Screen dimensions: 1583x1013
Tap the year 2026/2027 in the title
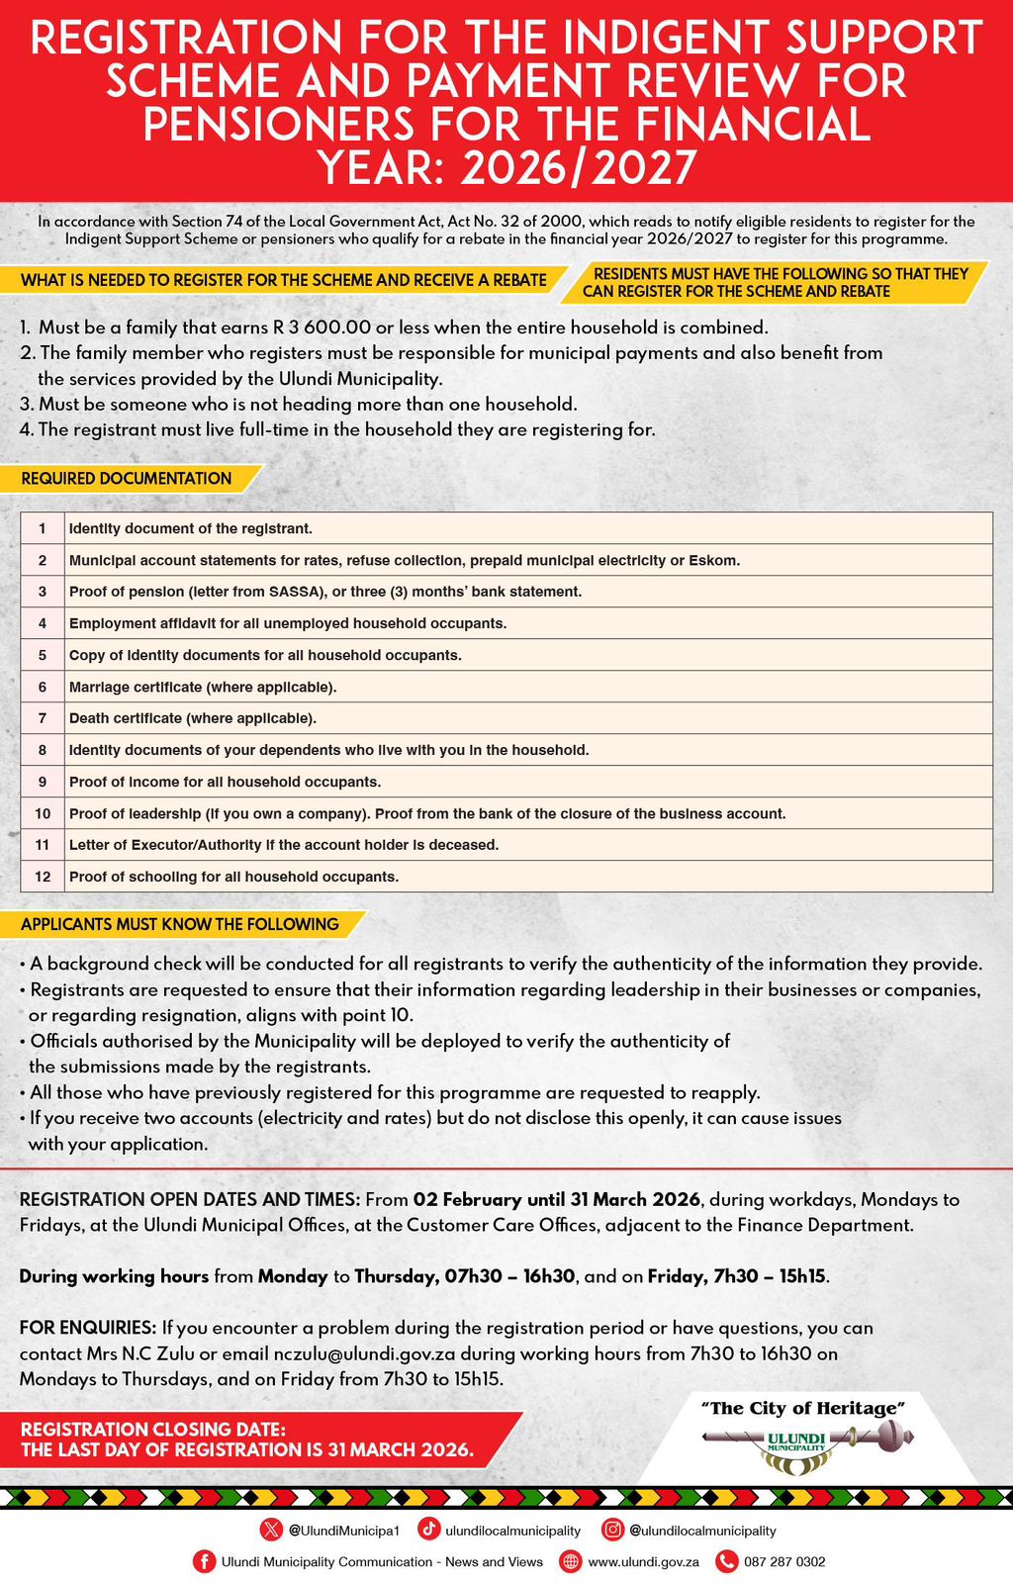click(x=579, y=168)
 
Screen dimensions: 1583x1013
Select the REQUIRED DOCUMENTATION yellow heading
click(x=127, y=479)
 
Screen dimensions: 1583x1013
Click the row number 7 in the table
click(x=43, y=718)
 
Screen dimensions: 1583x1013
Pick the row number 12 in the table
click(x=43, y=877)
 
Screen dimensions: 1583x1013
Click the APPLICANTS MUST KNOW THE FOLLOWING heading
click(x=180, y=924)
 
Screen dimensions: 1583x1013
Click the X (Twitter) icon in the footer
click(x=271, y=1530)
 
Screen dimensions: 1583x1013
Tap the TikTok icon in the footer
click(x=429, y=1530)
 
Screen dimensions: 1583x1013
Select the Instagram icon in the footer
click(x=613, y=1530)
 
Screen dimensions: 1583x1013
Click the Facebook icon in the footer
click(x=204, y=1561)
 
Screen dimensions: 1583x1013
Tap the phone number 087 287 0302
click(x=784, y=1561)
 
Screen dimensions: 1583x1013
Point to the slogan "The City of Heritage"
click(x=802, y=1408)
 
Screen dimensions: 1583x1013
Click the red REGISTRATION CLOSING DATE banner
click(x=247, y=1440)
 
